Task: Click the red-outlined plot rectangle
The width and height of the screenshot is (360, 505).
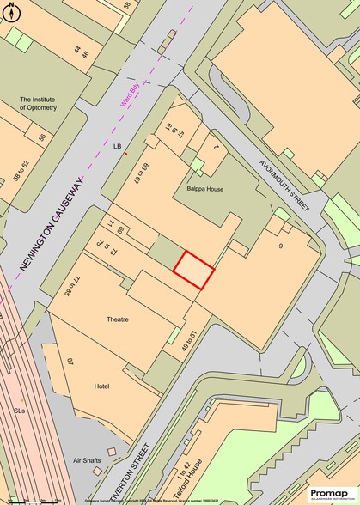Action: coord(194,271)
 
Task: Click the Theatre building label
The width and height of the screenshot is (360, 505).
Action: coord(118,319)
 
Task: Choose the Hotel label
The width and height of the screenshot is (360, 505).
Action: coord(101,386)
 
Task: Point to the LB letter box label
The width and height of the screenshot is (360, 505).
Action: coord(118,147)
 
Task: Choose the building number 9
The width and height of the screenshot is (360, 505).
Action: coord(280,247)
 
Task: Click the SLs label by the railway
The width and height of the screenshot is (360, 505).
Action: coord(20,411)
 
